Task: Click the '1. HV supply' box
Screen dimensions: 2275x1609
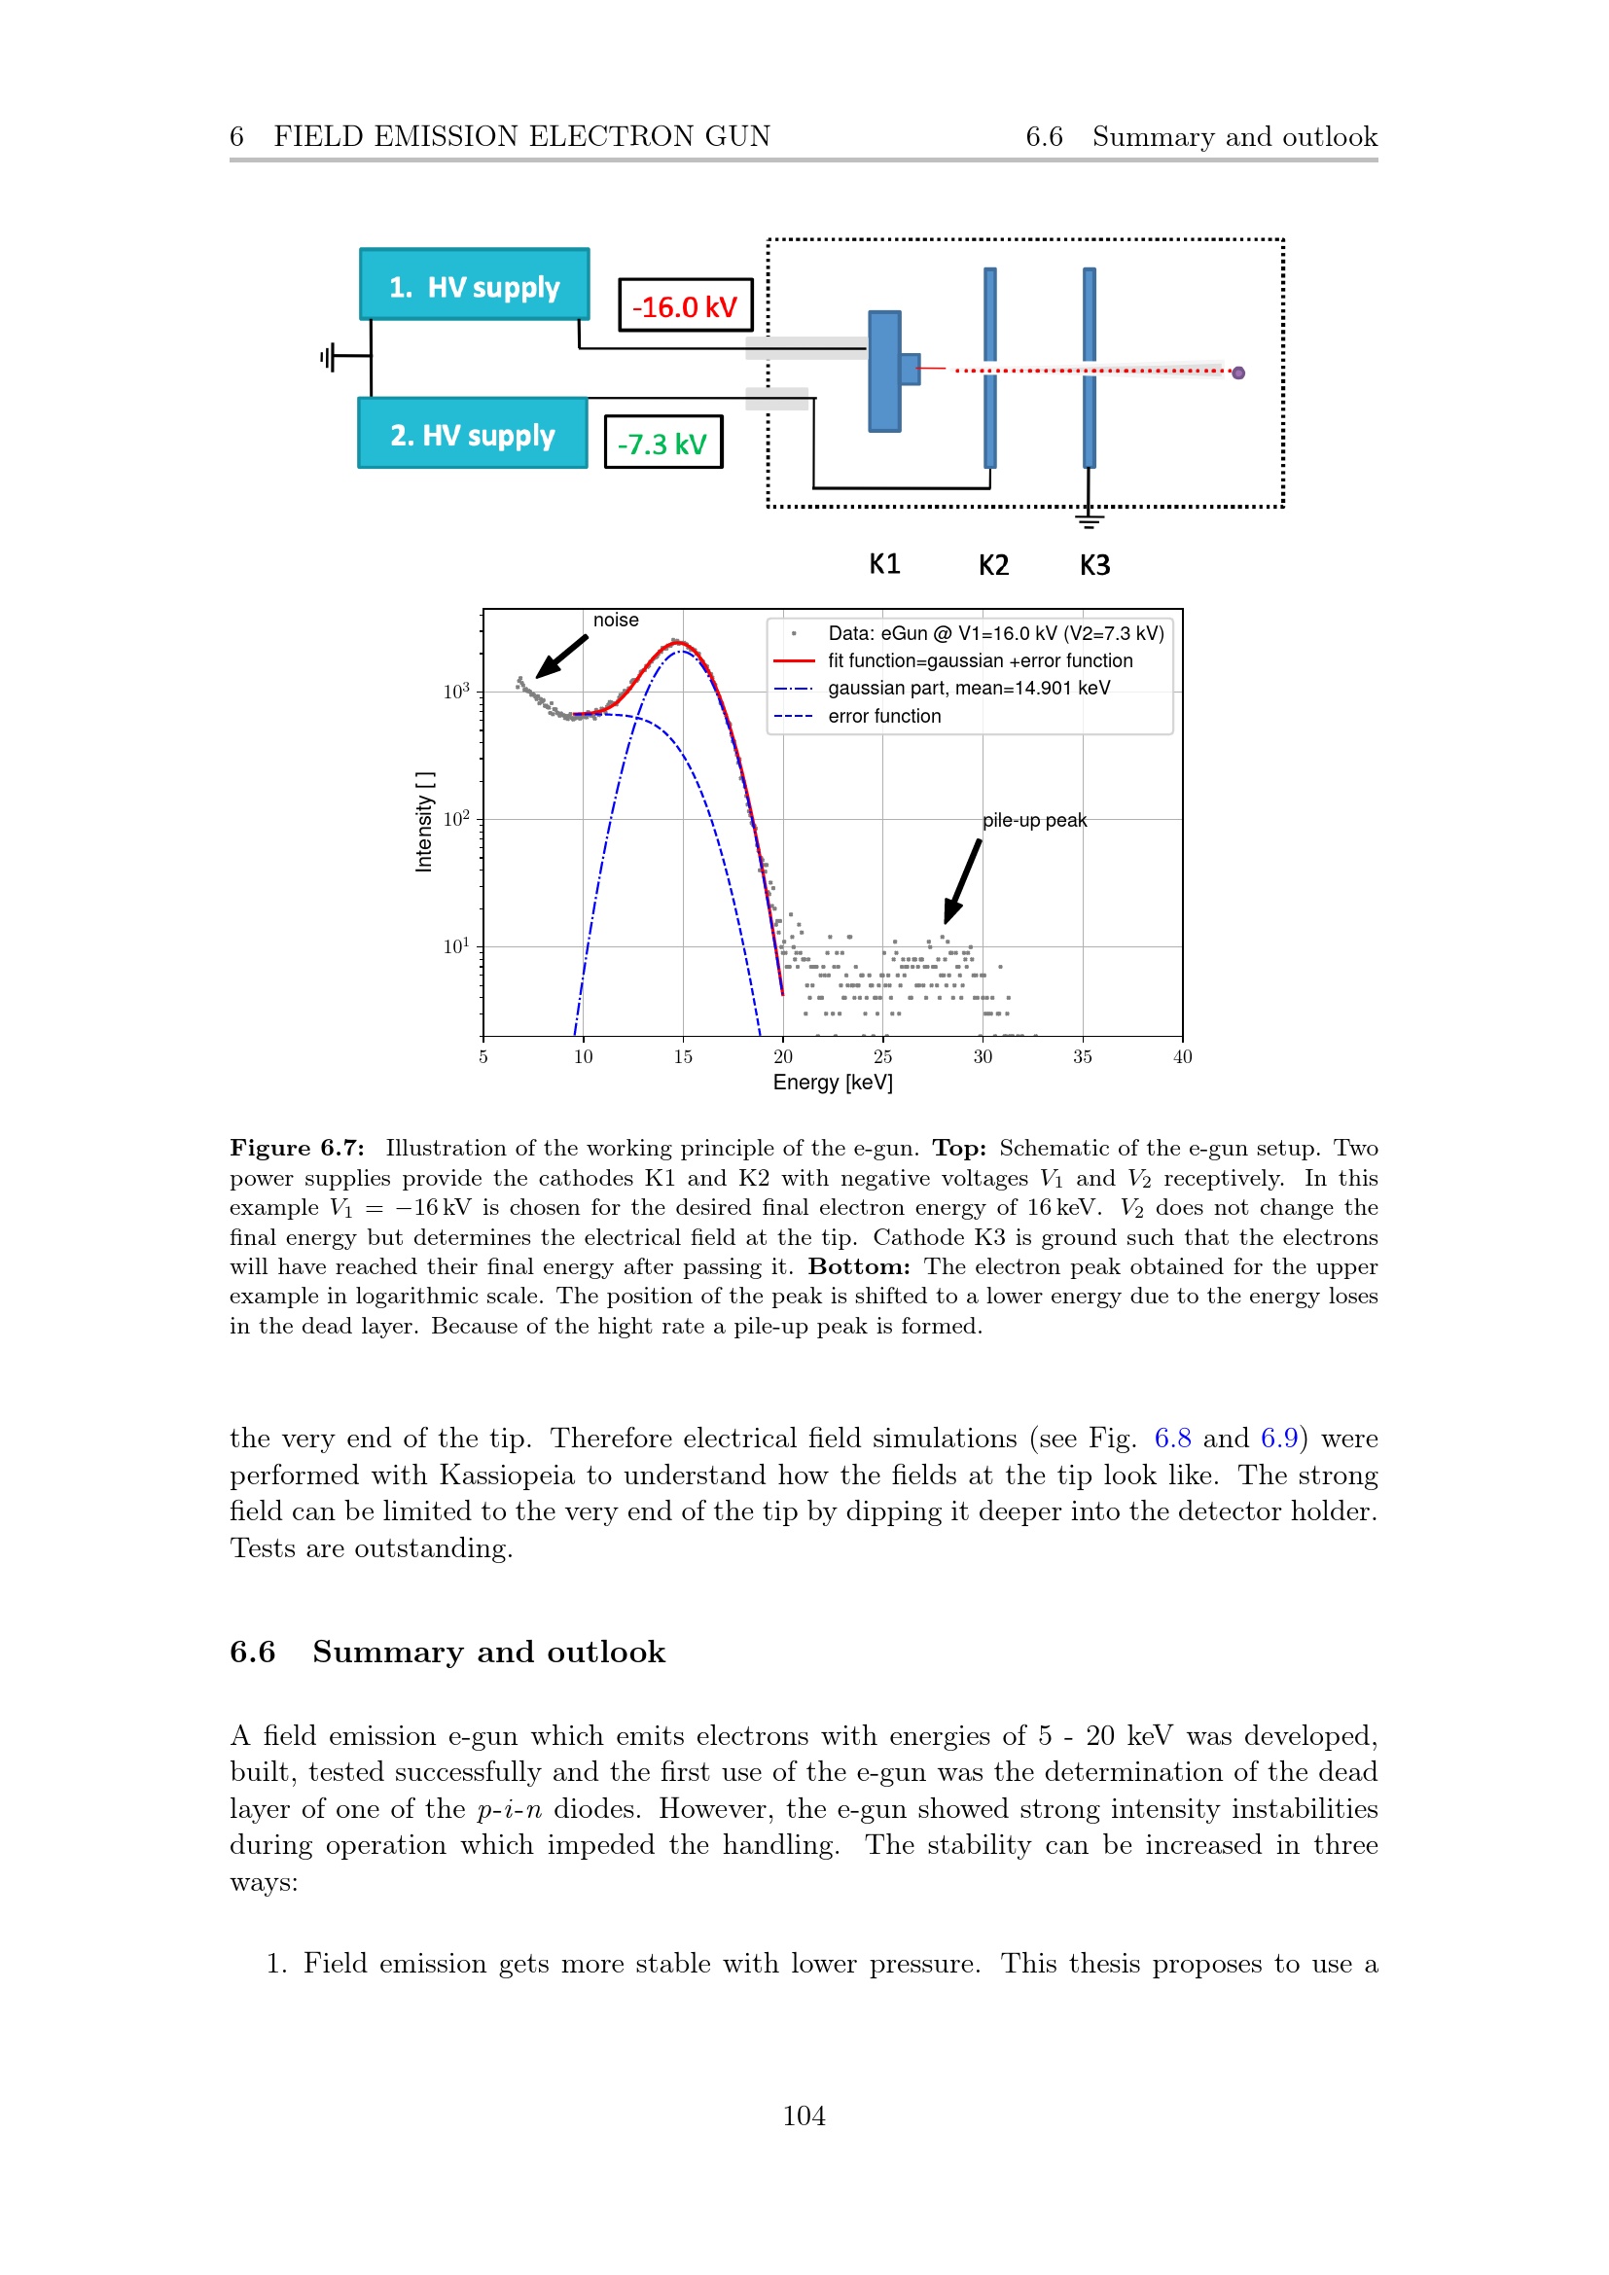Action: tap(474, 285)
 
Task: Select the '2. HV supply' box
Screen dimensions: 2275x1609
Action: tap(472, 434)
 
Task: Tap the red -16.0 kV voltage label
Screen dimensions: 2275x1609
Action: tap(685, 306)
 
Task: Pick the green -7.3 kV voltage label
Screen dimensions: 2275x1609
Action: tap(661, 443)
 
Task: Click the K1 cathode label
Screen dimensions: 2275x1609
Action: tap(883, 565)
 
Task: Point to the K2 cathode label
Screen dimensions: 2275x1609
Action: tap(993, 566)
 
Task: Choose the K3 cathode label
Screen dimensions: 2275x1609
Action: tap(1093, 566)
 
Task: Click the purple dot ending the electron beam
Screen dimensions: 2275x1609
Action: tap(1237, 373)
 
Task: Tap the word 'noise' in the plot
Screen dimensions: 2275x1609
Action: tap(615, 621)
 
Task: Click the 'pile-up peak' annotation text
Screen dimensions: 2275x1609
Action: tap(1033, 821)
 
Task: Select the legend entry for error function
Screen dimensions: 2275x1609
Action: tap(883, 717)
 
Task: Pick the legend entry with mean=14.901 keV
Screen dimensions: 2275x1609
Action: tap(968, 689)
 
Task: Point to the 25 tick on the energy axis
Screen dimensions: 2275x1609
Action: tap(881, 1057)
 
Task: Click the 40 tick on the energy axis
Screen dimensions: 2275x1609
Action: tap(1182, 1057)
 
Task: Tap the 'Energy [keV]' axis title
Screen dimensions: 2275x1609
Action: tap(833, 1083)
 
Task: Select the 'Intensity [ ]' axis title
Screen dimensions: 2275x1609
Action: tap(424, 822)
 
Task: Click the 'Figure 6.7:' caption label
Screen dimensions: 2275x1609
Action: tap(297, 1149)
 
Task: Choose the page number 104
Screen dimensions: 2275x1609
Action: tap(804, 2116)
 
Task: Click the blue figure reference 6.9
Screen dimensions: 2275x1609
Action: tap(1278, 1439)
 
